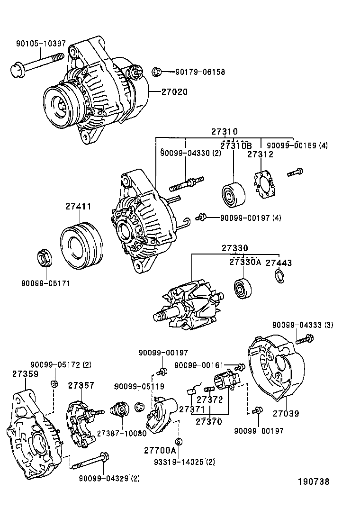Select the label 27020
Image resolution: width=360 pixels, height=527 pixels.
tap(174, 92)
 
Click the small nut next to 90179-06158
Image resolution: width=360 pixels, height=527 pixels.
tap(156, 73)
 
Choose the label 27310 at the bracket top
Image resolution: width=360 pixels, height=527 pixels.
tap(225, 132)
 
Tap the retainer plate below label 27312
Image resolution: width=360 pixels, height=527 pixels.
tap(265, 184)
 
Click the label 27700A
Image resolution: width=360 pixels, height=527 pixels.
tap(160, 450)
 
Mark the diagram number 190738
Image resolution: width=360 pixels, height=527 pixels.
tap(313, 482)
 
